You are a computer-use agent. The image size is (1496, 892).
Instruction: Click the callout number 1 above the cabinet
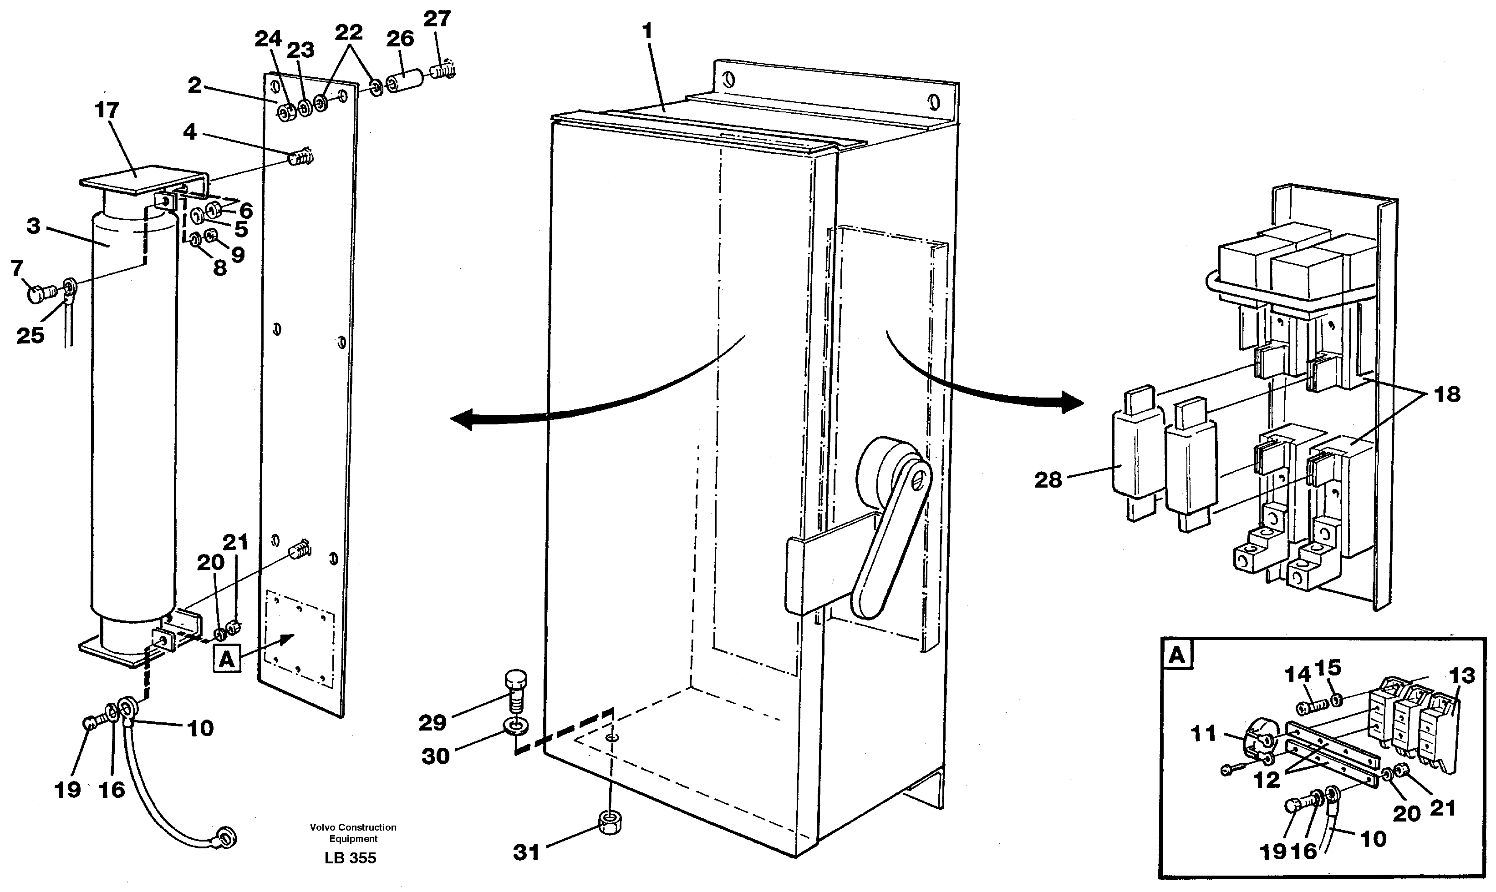point(647,31)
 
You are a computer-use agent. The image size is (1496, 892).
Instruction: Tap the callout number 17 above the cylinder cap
point(107,111)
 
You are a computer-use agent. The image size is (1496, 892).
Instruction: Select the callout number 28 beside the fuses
point(1048,480)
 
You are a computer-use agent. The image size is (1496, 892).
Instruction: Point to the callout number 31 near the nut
point(526,852)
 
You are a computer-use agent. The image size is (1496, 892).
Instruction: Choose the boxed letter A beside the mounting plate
point(226,660)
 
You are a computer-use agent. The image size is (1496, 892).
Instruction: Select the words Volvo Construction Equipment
point(353,833)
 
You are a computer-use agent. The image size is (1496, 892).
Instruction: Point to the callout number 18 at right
point(1447,395)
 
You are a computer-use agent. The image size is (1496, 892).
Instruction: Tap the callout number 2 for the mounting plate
point(194,86)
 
